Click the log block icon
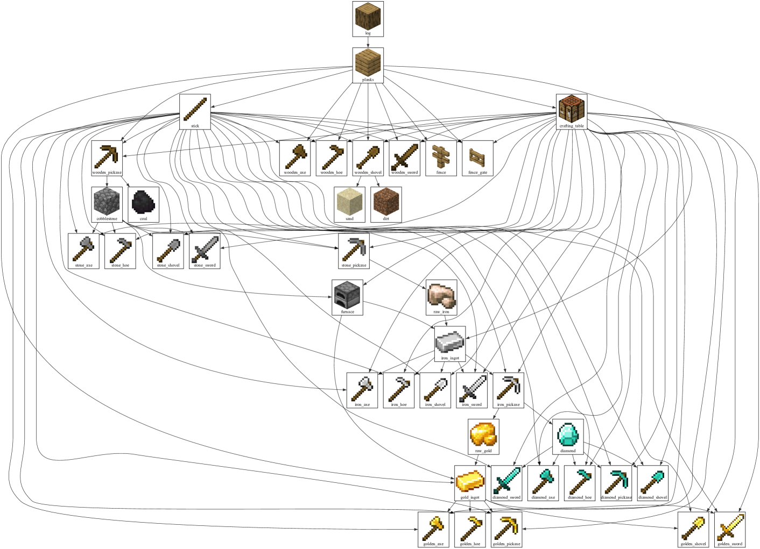(x=368, y=16)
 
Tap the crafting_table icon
(x=571, y=109)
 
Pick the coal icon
(x=143, y=202)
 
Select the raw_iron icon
(x=441, y=295)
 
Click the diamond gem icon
(x=567, y=434)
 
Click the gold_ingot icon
(x=470, y=481)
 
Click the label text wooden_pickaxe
(x=107, y=173)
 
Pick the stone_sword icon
(x=205, y=248)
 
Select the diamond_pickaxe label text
(x=616, y=497)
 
